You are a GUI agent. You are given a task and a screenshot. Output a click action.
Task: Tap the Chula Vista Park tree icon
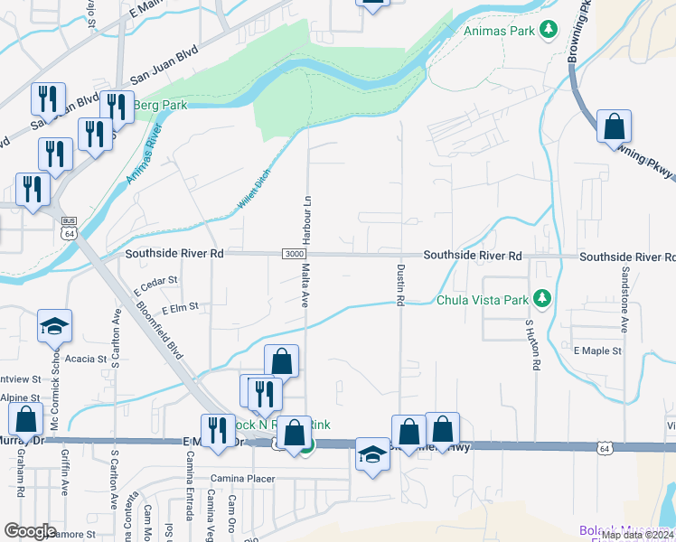(542, 298)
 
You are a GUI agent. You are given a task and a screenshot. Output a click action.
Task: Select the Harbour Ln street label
(308, 219)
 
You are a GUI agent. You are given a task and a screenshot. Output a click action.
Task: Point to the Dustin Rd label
(399, 285)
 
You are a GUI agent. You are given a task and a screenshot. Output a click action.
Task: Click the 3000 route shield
(293, 255)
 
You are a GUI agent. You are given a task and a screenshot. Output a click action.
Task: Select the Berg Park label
(160, 106)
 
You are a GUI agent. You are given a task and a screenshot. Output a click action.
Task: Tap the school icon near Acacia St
(54, 326)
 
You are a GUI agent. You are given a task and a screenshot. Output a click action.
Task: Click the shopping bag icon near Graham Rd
(26, 419)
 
